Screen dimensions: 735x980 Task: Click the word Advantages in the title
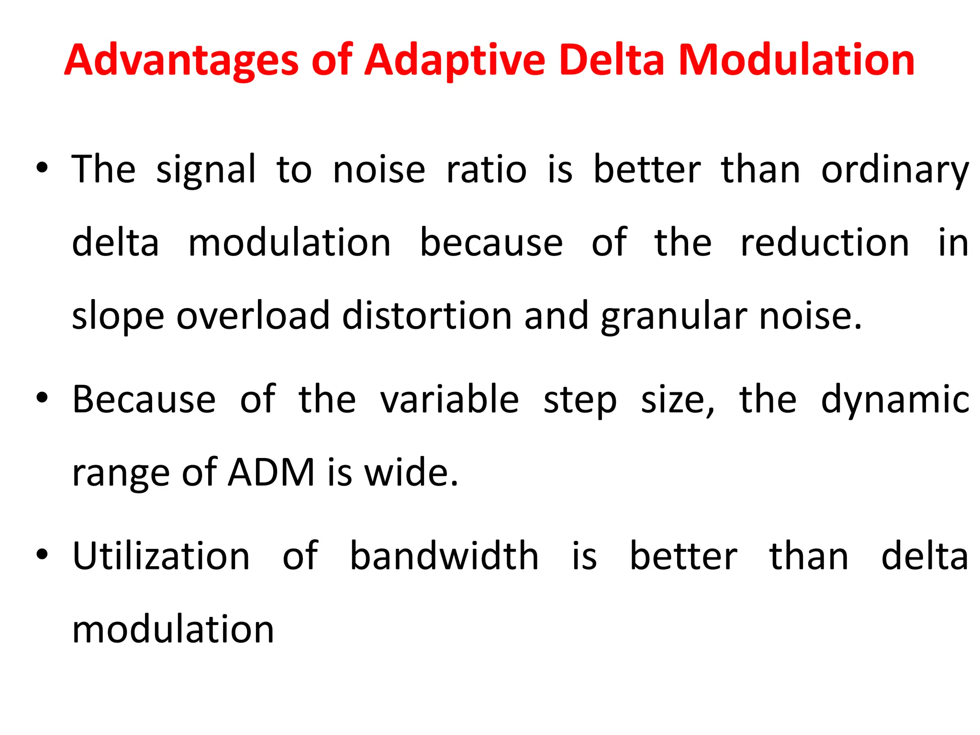[x=182, y=60]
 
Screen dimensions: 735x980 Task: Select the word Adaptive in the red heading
[x=455, y=60]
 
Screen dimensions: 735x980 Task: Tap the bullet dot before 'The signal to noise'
[x=42, y=168]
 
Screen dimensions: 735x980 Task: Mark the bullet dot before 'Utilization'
[x=42, y=555]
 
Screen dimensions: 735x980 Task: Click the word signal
[x=206, y=170]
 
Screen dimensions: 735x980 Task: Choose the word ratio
[x=487, y=169]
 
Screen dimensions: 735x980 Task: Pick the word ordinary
[x=895, y=170]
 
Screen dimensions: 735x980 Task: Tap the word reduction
[x=824, y=243]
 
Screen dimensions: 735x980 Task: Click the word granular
[x=674, y=317]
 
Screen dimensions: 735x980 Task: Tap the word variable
[x=449, y=399]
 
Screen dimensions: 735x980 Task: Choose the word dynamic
[x=895, y=400]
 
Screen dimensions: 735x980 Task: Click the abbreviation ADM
[x=271, y=473]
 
